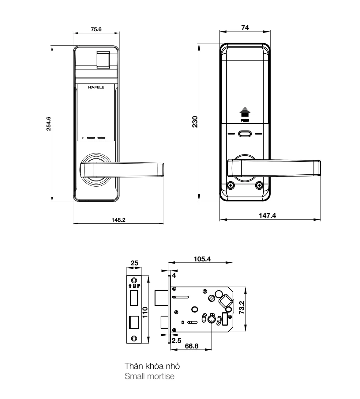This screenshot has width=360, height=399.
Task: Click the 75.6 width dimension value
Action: tap(96, 29)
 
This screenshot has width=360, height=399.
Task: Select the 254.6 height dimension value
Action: tap(48, 124)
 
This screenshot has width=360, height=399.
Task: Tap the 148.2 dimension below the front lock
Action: tap(118, 220)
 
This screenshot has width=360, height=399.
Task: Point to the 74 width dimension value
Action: tap(245, 28)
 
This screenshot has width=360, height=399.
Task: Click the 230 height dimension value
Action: tap(195, 122)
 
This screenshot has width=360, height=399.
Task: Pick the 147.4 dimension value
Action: tap(267, 215)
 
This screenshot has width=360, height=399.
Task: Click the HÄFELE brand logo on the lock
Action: tap(96, 87)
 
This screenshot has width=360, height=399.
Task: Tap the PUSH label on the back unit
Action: tap(245, 120)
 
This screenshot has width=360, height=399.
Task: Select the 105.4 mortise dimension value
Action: tap(202, 259)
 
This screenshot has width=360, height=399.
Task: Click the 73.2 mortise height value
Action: tap(242, 307)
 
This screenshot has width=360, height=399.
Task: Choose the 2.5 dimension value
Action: tap(176, 340)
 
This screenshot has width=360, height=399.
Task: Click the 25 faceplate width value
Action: tap(134, 263)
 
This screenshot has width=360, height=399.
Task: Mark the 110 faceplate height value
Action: tap(145, 312)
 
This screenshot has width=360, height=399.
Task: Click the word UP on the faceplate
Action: tap(136, 286)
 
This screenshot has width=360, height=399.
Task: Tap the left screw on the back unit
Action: tap(231, 186)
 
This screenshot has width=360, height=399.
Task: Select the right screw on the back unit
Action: tap(259, 186)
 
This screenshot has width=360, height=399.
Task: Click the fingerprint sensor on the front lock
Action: tap(103, 60)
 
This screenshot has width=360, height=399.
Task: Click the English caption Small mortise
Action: tap(149, 376)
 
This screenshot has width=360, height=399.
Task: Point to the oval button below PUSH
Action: tap(245, 134)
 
